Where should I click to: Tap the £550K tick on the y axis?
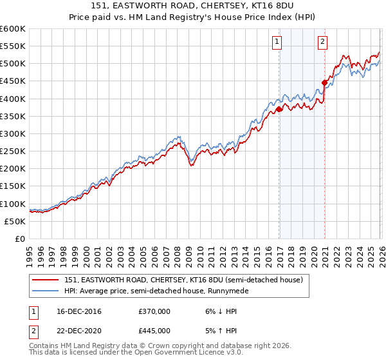click(13, 46)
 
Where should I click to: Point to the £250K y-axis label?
click(13, 151)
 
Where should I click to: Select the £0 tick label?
click(21, 239)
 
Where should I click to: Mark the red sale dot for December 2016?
click(279, 110)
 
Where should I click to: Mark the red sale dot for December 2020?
click(325, 83)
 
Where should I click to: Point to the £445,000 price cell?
click(154, 330)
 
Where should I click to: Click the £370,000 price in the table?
click(154, 311)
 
